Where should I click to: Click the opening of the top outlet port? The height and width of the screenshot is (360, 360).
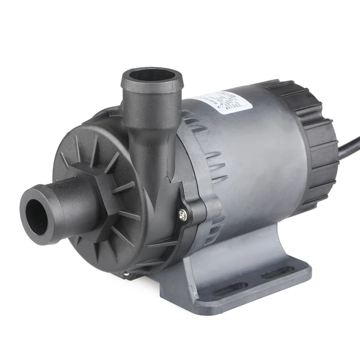tap(152, 75)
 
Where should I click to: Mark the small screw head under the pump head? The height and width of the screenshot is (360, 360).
tap(126, 274)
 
